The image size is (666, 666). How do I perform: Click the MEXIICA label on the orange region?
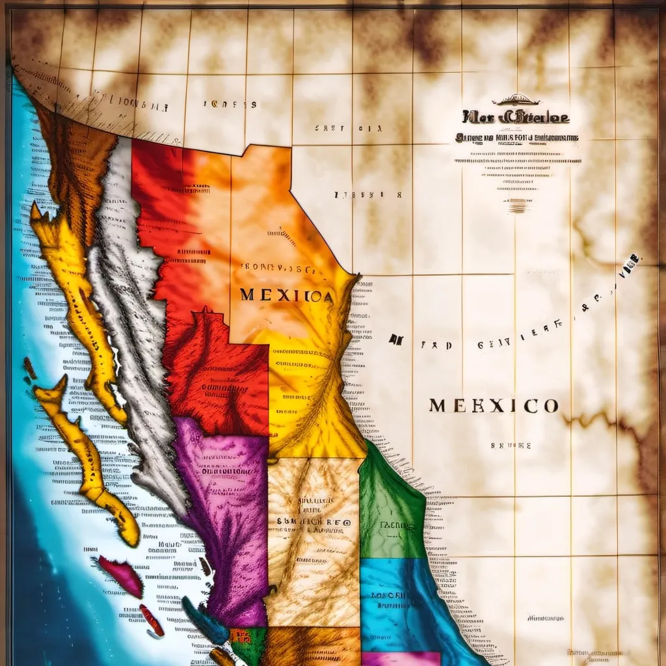(286, 295)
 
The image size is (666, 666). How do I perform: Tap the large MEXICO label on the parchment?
(493, 406)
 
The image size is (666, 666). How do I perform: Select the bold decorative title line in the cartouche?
(515, 118)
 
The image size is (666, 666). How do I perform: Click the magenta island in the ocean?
(122, 574)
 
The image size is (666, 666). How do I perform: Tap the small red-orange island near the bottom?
(152, 620)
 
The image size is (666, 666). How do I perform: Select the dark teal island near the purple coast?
(204, 620)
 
